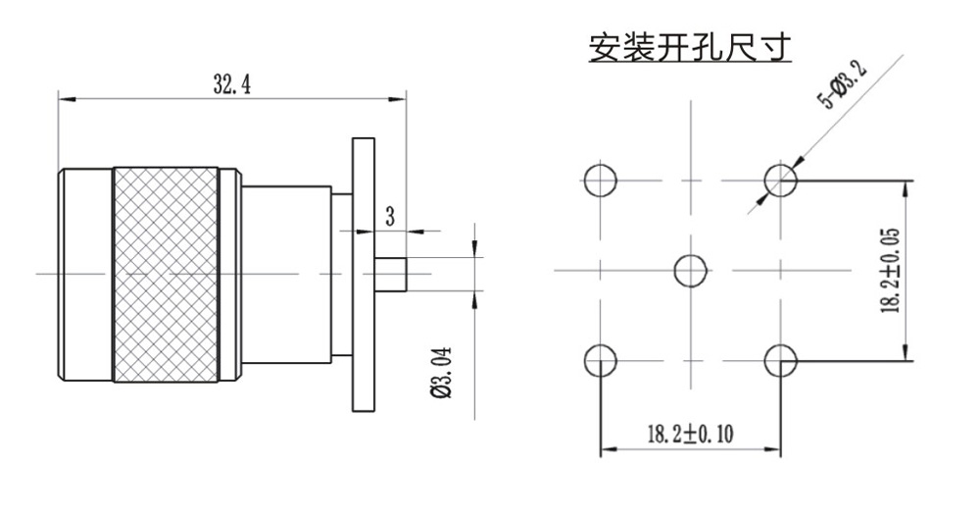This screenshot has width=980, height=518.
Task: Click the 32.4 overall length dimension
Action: pyautogui.click(x=232, y=85)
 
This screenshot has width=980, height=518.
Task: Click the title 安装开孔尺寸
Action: pyautogui.click(x=689, y=47)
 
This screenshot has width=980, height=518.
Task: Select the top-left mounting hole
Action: pyautogui.click(x=600, y=180)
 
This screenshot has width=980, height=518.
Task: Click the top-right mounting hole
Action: pyautogui.click(x=781, y=180)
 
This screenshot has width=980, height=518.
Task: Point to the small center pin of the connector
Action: pyautogui.click(x=392, y=274)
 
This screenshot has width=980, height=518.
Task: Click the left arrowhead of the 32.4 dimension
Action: pyautogui.click(x=65, y=97)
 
